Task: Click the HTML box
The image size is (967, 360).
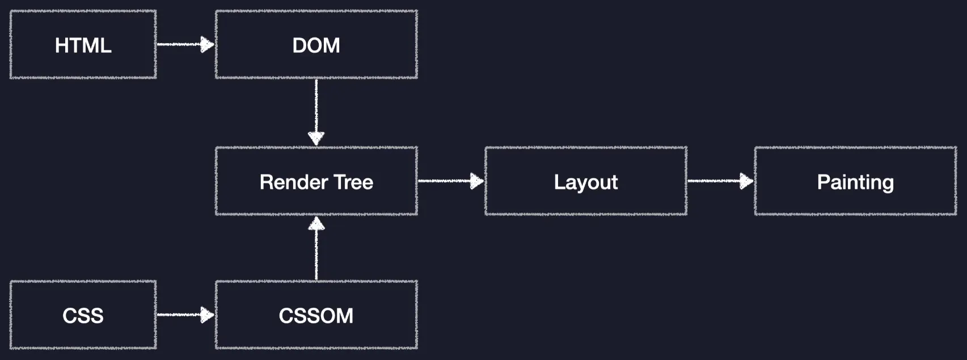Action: (x=83, y=44)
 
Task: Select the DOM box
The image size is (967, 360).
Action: (x=316, y=44)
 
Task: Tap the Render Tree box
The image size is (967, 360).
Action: (x=316, y=181)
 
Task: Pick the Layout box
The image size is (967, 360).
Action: (x=585, y=181)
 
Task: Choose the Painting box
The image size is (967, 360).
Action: (x=855, y=181)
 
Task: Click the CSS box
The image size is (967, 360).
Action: (x=83, y=315)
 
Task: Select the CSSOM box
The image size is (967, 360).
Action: (x=316, y=315)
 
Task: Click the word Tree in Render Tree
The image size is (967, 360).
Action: (x=353, y=182)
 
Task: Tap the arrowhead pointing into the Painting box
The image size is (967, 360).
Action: (x=747, y=181)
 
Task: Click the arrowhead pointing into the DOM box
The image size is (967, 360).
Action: (x=208, y=44)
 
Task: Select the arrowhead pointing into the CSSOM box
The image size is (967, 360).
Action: (x=208, y=315)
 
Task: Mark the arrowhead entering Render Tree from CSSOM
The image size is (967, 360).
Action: (x=316, y=223)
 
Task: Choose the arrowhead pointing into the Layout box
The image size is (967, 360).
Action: (x=478, y=181)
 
